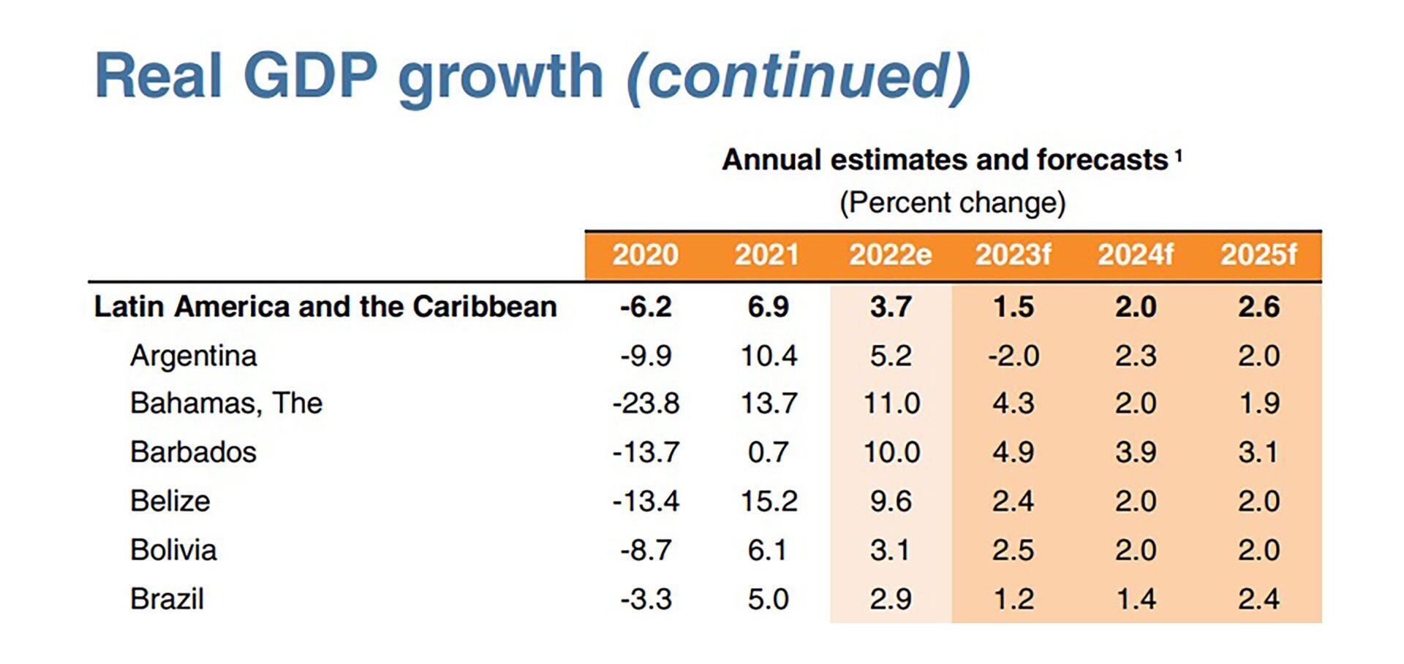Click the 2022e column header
[890, 255]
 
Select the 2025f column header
[1258, 255]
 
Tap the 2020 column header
[645, 255]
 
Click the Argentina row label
[194, 356]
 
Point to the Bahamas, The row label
[226, 403]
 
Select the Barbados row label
[193, 452]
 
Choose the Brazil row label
[167, 599]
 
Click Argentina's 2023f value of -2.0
[1013, 356]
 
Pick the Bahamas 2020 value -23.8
[646, 403]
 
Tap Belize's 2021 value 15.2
[769, 501]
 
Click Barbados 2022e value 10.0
[891, 452]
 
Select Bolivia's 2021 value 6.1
[768, 550]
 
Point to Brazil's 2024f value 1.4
[1136, 599]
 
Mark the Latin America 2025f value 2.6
[1258, 307]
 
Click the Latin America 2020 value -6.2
[645, 307]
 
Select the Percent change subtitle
[952, 202]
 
